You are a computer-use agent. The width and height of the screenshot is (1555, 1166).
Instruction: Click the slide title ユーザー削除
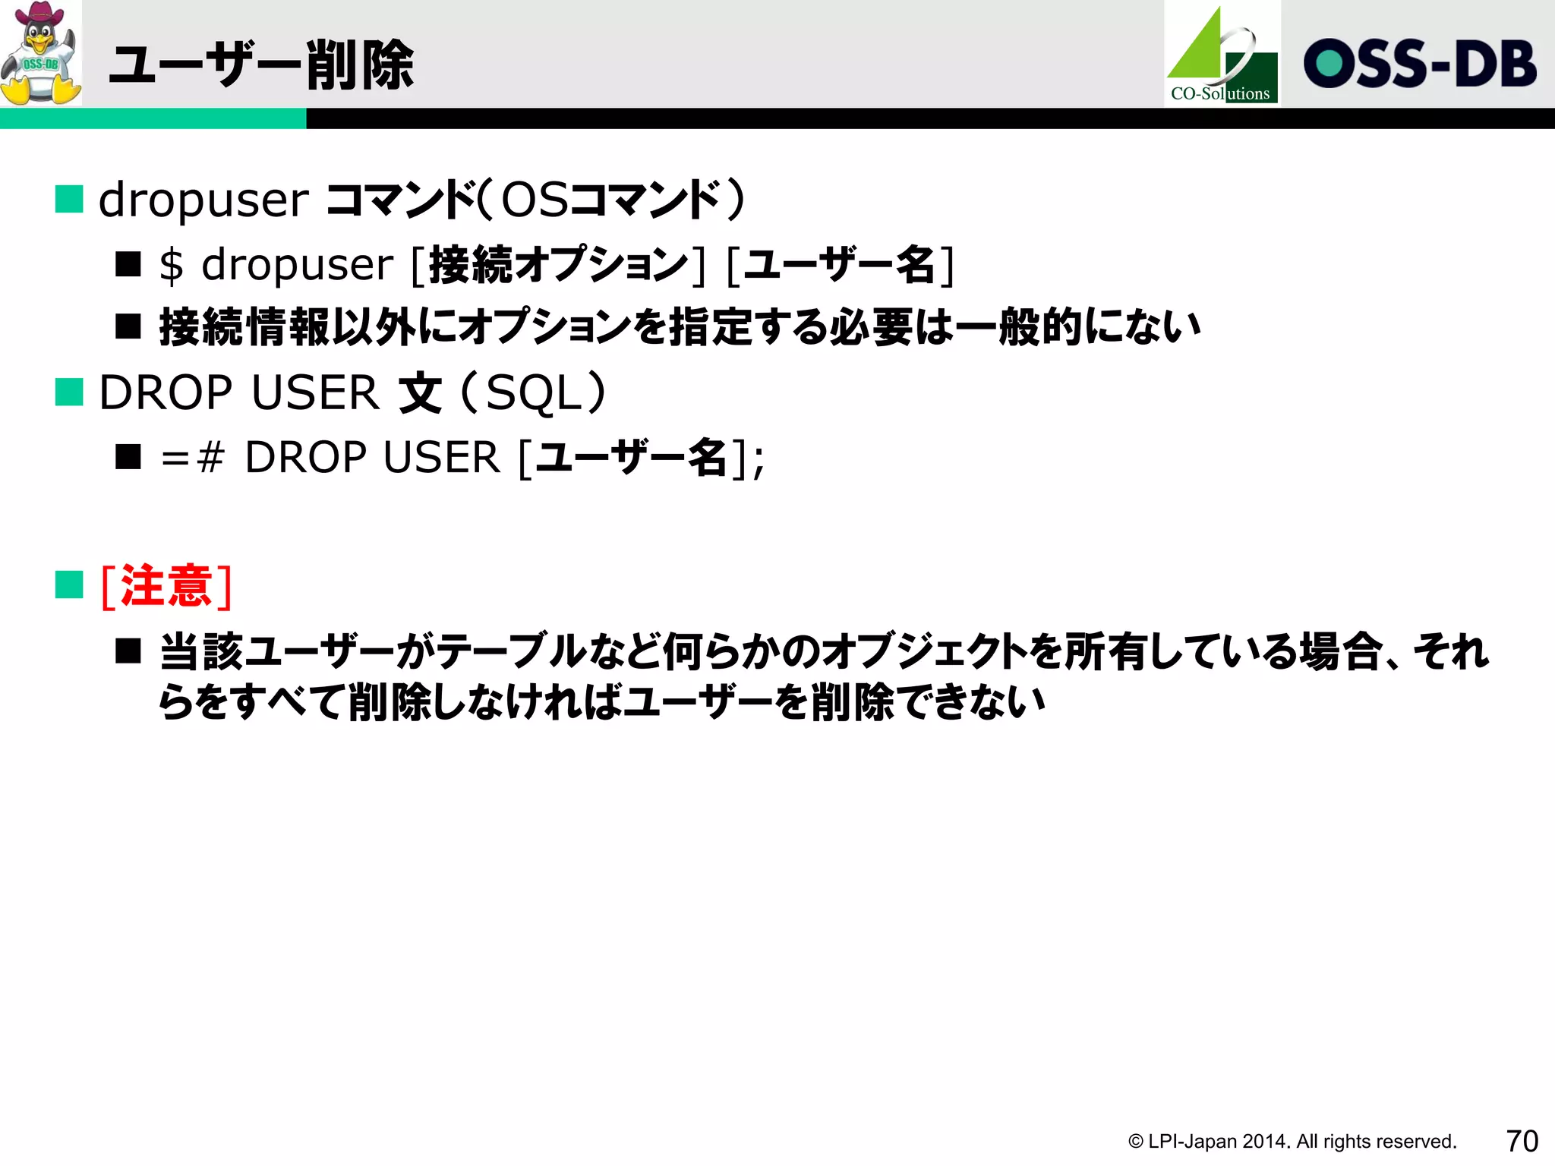click(x=261, y=65)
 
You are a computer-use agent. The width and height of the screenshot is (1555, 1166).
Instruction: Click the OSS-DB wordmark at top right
click(x=1420, y=64)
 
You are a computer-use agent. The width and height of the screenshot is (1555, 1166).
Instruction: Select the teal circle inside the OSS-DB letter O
click(x=1329, y=64)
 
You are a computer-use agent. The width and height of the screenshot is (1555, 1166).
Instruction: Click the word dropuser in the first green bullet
click(x=203, y=200)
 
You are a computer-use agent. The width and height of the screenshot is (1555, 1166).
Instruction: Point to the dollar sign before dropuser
click(x=172, y=266)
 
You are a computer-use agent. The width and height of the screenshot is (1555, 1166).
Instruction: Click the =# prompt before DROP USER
click(x=193, y=458)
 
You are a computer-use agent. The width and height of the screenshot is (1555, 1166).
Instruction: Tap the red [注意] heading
click(x=166, y=586)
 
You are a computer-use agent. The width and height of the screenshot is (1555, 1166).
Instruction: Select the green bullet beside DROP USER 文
click(x=69, y=392)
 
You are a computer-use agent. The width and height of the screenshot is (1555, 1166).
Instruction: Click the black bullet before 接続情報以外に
click(x=128, y=327)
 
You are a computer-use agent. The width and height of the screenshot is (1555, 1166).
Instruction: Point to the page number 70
click(x=1522, y=1141)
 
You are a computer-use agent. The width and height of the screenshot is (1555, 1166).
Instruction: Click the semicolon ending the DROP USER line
click(x=759, y=461)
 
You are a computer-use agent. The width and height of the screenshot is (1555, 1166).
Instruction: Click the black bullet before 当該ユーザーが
click(x=128, y=651)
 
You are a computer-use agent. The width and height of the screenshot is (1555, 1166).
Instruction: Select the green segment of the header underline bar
click(x=153, y=118)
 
